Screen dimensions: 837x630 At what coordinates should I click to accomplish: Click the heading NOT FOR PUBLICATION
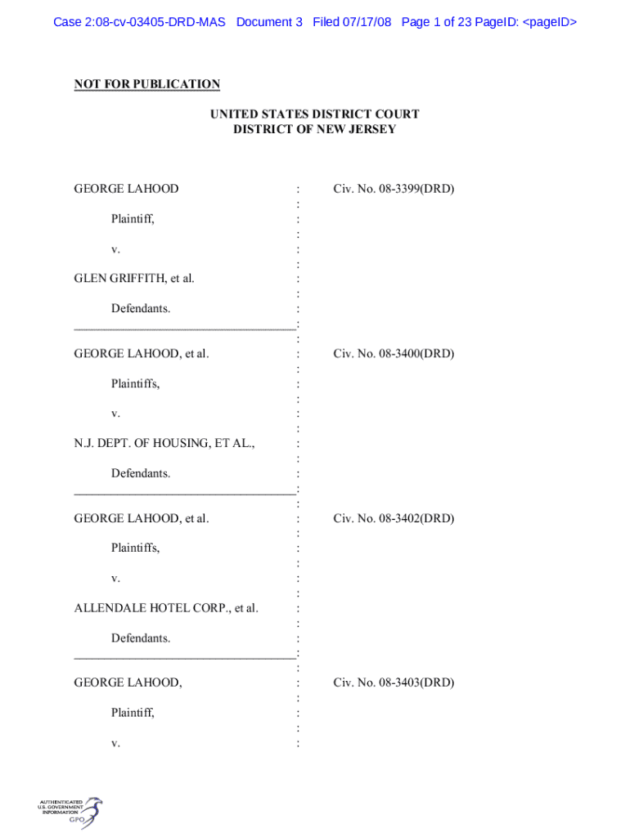pos(147,84)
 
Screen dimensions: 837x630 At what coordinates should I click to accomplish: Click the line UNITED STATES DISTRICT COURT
pos(314,114)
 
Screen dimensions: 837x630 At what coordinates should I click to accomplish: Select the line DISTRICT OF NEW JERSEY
pos(314,129)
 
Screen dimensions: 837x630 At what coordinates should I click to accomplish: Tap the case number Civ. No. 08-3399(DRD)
pos(394,189)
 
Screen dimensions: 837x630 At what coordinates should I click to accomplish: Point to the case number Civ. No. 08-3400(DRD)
pos(394,354)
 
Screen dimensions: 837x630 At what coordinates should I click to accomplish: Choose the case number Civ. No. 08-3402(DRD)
pos(394,518)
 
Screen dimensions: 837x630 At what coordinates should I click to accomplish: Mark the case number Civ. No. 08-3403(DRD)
pos(394,683)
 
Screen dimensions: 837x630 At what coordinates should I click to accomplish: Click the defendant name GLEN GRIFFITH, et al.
pos(134,279)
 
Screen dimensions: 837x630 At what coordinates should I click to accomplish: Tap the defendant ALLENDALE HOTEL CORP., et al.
pos(166,608)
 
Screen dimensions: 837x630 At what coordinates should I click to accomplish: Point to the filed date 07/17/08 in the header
pos(367,22)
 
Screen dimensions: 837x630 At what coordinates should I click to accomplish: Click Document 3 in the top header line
pos(269,22)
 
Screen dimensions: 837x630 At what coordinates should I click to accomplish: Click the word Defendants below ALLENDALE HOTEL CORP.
pos(141,638)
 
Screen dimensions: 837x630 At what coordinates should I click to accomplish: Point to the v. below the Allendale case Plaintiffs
pos(115,579)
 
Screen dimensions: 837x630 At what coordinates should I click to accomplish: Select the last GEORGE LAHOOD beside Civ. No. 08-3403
pos(128,683)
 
